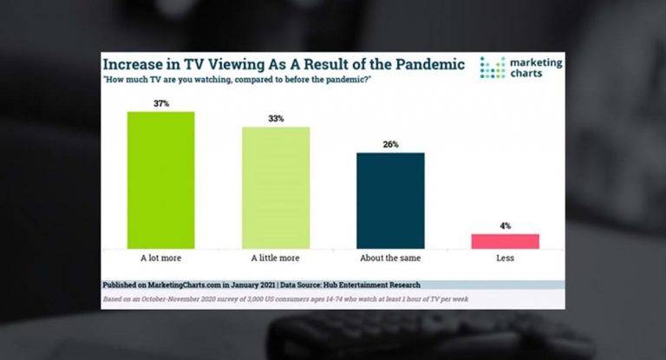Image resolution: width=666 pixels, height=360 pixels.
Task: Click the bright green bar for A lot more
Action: click(x=160, y=180)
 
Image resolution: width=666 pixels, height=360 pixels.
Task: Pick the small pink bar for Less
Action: click(x=506, y=241)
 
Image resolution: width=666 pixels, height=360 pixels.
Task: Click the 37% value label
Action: click(x=160, y=104)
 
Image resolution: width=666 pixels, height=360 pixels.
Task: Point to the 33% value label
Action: click(x=276, y=120)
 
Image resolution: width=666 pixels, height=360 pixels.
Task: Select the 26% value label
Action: click(x=390, y=145)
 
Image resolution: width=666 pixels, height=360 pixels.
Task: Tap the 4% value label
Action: click(x=506, y=226)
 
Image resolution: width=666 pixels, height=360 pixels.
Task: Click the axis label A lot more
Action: click(x=160, y=258)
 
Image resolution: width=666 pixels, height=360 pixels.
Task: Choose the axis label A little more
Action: click(x=276, y=258)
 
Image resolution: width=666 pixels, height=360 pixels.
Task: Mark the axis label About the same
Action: click(x=390, y=258)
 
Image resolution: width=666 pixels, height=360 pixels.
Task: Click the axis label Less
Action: click(x=506, y=258)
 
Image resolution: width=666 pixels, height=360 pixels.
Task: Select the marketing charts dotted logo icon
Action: click(x=492, y=69)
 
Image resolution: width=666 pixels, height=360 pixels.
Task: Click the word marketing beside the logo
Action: click(x=535, y=62)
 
